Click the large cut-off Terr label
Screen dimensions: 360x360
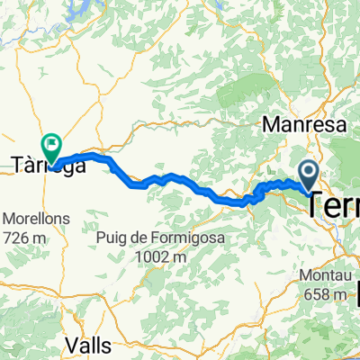[x=334, y=205]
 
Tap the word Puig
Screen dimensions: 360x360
[x=114, y=238]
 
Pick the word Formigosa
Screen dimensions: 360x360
[x=183, y=238]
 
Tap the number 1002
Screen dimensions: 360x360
[x=152, y=256]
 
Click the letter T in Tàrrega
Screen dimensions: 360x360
[x=16, y=165]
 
